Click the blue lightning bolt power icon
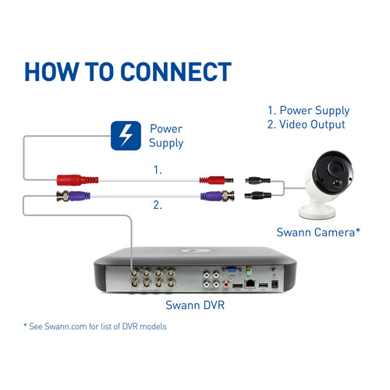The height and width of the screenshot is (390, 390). tap(126, 135)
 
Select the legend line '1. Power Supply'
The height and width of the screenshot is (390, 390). tap(308, 111)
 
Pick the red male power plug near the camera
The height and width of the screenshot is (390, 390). tap(215, 179)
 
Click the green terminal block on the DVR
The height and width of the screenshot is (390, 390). tap(251, 271)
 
